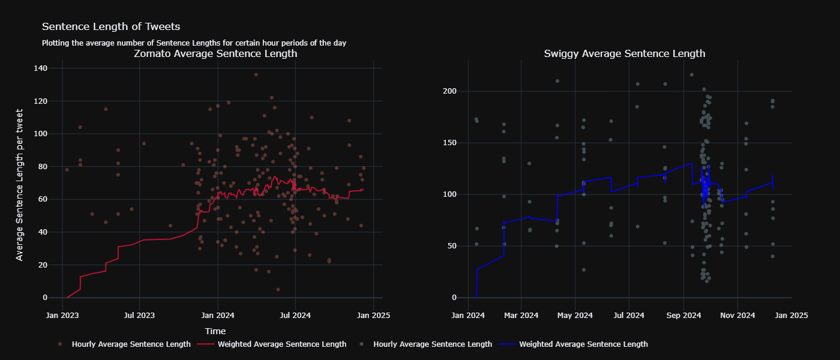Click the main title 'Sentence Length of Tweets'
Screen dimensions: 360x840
click(x=111, y=27)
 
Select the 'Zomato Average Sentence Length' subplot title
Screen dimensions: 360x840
click(x=215, y=54)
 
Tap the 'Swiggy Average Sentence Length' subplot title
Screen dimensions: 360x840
click(x=625, y=54)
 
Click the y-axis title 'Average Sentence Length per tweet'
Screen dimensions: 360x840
click(x=20, y=185)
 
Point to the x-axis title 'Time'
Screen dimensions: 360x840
click(x=215, y=331)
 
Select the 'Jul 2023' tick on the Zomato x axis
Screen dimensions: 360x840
click(x=139, y=315)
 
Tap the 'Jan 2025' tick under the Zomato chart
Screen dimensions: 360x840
click(x=374, y=315)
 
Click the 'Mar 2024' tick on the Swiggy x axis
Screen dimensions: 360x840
click(x=521, y=315)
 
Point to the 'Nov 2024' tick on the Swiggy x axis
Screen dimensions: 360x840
click(x=737, y=315)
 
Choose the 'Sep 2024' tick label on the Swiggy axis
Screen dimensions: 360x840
click(x=683, y=315)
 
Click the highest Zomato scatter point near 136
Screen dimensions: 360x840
click(x=256, y=75)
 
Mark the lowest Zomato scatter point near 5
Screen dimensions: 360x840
click(x=278, y=289)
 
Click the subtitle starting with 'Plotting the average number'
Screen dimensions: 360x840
click(x=194, y=43)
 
